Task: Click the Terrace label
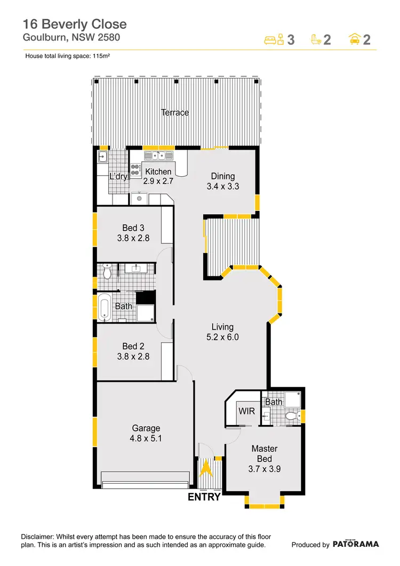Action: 175,113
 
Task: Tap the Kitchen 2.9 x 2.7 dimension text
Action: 159,180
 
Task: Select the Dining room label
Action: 223,177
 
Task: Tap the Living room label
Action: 222,327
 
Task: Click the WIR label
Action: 247,412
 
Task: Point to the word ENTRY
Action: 204,497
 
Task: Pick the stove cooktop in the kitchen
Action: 135,171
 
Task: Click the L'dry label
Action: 118,177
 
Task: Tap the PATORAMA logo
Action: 356,544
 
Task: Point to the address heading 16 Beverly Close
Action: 75,24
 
